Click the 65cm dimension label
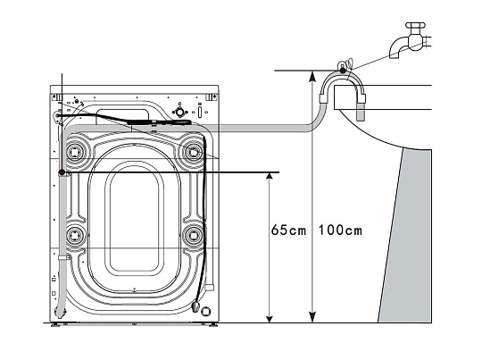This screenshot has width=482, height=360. pyautogui.click(x=287, y=231)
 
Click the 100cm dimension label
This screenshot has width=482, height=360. pyautogui.click(x=340, y=231)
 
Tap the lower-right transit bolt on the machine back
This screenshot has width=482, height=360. pyautogui.click(x=191, y=237)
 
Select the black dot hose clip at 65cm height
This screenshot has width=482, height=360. pyautogui.click(x=60, y=172)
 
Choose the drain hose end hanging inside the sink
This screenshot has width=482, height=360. pyautogui.click(x=361, y=112)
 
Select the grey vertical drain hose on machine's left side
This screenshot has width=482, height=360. pyautogui.click(x=60, y=241)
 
